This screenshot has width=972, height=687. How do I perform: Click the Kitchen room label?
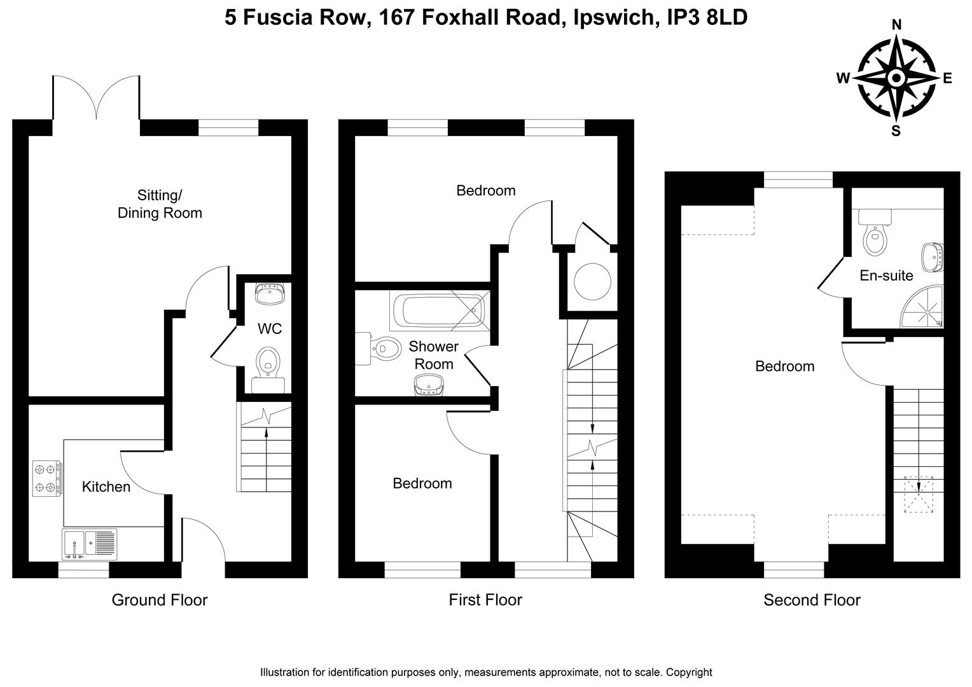click(x=106, y=487)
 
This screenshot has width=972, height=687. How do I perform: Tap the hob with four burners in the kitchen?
click(x=47, y=478)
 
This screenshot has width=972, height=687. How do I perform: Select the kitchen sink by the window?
click(x=88, y=545)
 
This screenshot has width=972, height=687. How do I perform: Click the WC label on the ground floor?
click(x=269, y=329)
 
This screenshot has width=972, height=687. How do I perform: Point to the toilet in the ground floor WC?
click(x=268, y=363)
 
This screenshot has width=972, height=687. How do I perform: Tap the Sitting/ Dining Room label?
click(x=160, y=204)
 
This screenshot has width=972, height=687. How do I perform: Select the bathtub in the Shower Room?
click(x=439, y=310)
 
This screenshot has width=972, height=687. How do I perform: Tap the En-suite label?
click(x=886, y=275)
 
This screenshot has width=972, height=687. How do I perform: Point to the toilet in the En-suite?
click(x=875, y=235)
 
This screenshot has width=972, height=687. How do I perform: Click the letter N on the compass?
click(x=897, y=25)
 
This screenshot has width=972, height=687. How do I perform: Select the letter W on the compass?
click(x=843, y=78)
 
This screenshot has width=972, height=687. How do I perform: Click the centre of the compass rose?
click(x=896, y=78)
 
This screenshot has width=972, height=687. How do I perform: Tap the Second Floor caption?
click(x=812, y=600)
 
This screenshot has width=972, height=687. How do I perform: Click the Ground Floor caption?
click(x=160, y=600)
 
